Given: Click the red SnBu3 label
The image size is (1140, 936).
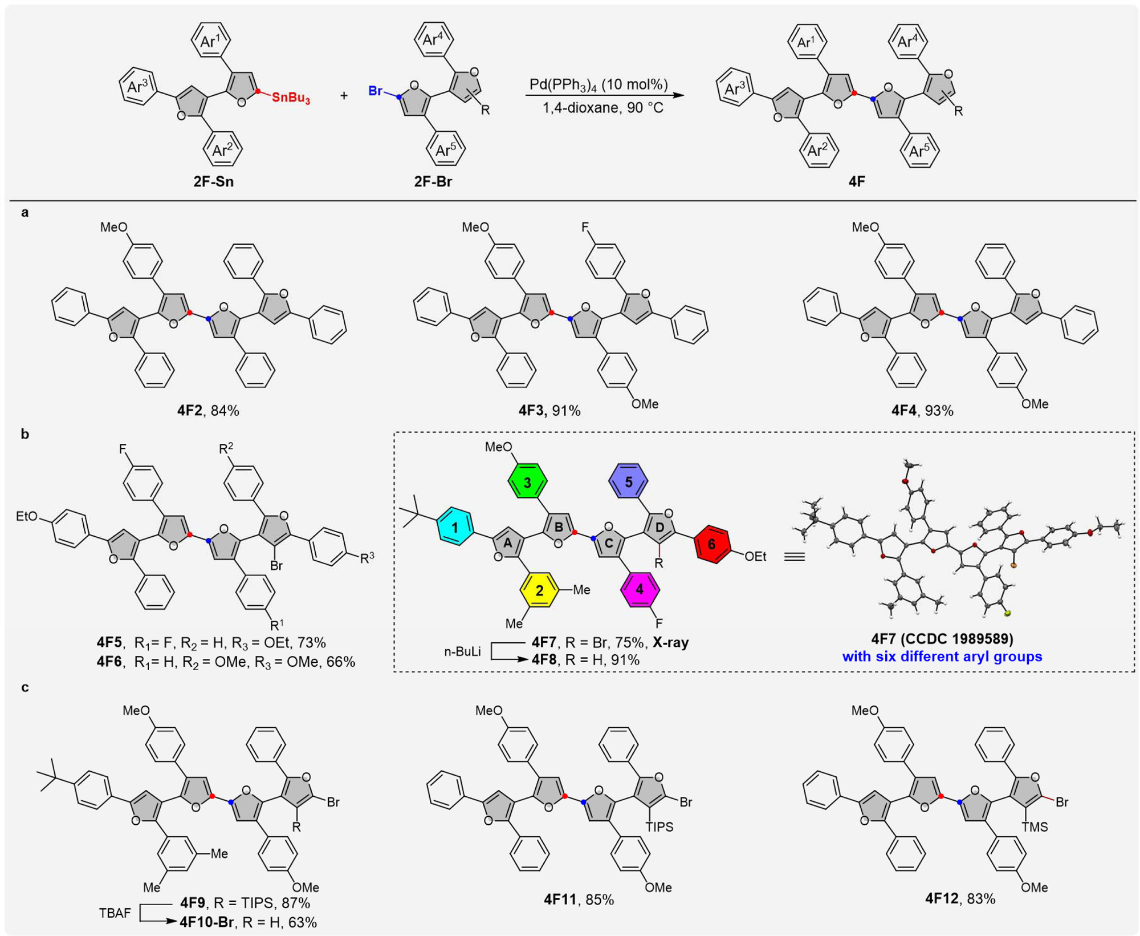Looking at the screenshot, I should pyautogui.click(x=291, y=98).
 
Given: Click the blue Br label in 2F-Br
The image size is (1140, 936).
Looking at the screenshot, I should pyautogui.click(x=375, y=91).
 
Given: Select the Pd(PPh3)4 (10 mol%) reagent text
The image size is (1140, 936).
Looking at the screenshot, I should pyautogui.click(x=598, y=84).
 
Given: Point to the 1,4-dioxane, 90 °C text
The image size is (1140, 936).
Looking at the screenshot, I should pyautogui.click(x=602, y=108).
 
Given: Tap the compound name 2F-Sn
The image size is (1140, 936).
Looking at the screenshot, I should pyautogui.click(x=213, y=181).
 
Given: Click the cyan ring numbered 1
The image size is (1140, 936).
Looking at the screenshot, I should pyautogui.click(x=455, y=527).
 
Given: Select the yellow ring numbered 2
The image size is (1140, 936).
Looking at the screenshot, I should pyautogui.click(x=539, y=590).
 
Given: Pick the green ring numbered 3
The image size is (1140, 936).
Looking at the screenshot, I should pyautogui.click(x=527, y=483).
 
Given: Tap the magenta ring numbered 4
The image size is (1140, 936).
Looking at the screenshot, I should pyautogui.click(x=640, y=590).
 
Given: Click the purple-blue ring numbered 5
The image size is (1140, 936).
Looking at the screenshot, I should pyautogui.click(x=628, y=481).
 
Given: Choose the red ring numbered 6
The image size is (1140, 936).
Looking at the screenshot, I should pyautogui.click(x=711, y=544).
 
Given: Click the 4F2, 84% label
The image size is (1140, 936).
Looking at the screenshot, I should pyautogui.click(x=208, y=411).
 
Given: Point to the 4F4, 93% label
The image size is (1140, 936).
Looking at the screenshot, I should pyautogui.click(x=922, y=411).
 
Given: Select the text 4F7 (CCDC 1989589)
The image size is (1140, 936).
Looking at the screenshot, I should pyautogui.click(x=942, y=638).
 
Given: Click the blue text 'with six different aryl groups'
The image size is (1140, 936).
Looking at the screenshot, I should pyautogui.click(x=942, y=656).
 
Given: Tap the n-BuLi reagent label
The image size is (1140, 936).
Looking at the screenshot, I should pyautogui.click(x=462, y=651).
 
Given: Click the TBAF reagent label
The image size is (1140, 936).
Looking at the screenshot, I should pyautogui.click(x=115, y=913).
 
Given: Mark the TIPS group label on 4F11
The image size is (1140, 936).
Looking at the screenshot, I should pyautogui.click(x=659, y=826).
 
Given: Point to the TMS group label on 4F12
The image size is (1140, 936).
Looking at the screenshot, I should pyautogui.click(x=1035, y=826).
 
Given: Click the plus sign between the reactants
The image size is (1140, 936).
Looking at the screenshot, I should pyautogui.click(x=344, y=96).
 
